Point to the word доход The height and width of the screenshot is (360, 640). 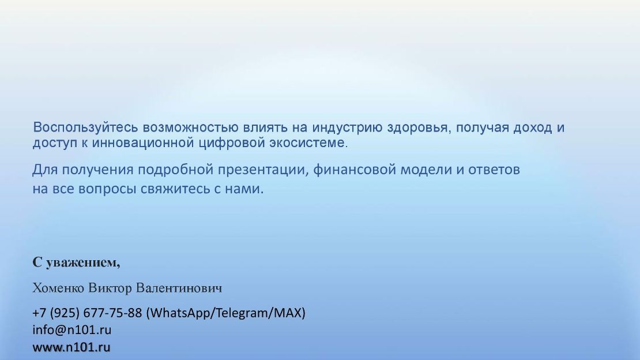pos(533,127)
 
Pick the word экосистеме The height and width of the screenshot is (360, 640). pos(307,143)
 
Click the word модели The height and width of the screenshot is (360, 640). pos(426,170)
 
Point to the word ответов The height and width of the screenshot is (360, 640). pos(494,170)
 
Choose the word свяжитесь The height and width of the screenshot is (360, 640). pos(175,189)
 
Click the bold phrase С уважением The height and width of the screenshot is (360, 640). pos(76,262)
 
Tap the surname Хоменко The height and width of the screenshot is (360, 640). pos(58,288)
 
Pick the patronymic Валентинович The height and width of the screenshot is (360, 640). pos(179,288)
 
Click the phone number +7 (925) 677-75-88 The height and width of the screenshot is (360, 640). pos(87,313)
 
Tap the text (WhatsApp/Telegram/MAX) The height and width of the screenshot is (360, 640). pos(225,313)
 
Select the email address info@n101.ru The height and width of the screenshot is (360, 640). pos(72,330)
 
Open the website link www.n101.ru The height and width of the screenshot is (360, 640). pos(71,347)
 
